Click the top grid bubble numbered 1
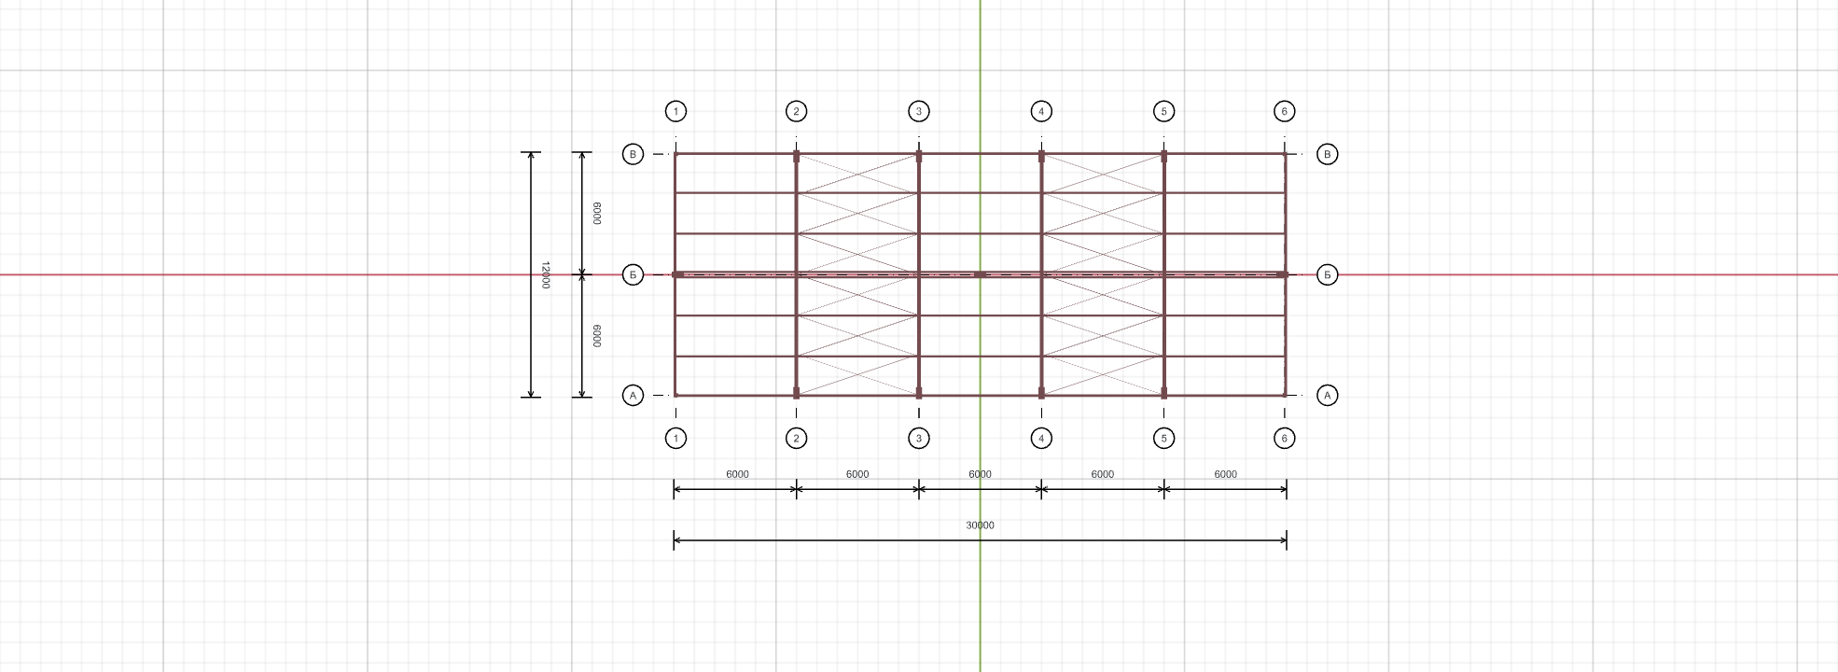pyautogui.click(x=675, y=112)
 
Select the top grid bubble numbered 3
pyautogui.click(x=919, y=112)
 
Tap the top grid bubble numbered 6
pyautogui.click(x=1284, y=112)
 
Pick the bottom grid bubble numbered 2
pyautogui.click(x=796, y=439)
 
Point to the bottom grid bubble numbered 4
pyautogui.click(x=1041, y=439)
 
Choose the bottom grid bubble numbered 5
pyautogui.click(x=1163, y=439)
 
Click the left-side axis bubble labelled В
pyautogui.click(x=633, y=154)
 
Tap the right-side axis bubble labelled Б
pyautogui.click(x=1327, y=274)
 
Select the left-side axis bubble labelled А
pyautogui.click(x=633, y=396)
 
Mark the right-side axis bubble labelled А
pyautogui.click(x=1327, y=396)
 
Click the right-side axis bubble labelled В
pyautogui.click(x=1327, y=154)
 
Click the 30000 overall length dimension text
pyautogui.click(x=980, y=525)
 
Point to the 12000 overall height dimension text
pyautogui.click(x=545, y=274)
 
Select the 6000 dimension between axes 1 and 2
pyautogui.click(x=737, y=474)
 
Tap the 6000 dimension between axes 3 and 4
pyautogui.click(x=980, y=474)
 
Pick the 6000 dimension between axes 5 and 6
pyautogui.click(x=1225, y=474)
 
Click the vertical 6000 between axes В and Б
pyautogui.click(x=597, y=214)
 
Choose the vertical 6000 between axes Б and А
pyautogui.click(x=597, y=336)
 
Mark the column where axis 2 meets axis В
pyautogui.click(x=796, y=157)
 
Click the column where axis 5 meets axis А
pyautogui.click(x=1163, y=393)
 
